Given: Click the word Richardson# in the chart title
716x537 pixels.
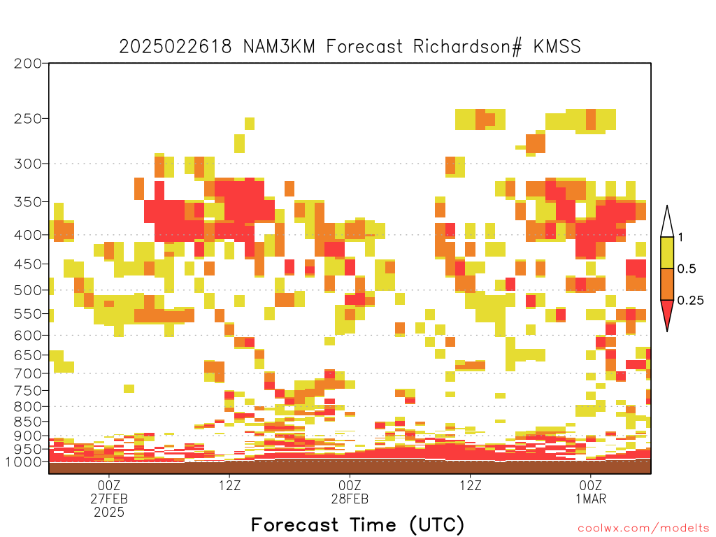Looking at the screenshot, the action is (x=467, y=47).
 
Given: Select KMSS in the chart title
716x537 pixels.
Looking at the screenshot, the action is (x=557, y=47).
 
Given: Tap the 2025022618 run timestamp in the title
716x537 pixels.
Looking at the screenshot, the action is (x=176, y=47).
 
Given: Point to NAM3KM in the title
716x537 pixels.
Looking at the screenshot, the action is (x=279, y=47).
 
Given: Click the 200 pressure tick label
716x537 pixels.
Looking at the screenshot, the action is (x=28, y=64).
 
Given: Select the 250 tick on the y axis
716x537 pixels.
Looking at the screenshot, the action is (x=28, y=119).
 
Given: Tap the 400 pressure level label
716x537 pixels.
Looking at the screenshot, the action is (x=28, y=235).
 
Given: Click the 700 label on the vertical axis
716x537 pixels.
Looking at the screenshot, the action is (x=28, y=373).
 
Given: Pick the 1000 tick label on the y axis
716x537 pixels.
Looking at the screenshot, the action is (x=24, y=461).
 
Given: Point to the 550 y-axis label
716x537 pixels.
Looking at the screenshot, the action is (x=28, y=314).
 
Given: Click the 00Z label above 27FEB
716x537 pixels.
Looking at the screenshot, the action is (x=108, y=485).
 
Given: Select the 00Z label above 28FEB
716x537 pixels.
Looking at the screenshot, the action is (x=350, y=485).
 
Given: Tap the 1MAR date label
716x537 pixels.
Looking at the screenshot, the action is (x=591, y=499).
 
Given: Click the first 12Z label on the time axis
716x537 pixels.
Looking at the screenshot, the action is (x=229, y=485).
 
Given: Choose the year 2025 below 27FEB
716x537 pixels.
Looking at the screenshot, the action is (x=108, y=513).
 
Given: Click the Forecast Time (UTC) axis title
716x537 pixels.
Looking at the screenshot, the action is (x=357, y=525).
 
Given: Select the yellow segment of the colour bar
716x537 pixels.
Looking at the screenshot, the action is (x=667, y=252).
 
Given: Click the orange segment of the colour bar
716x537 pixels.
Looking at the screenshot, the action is (x=667, y=284).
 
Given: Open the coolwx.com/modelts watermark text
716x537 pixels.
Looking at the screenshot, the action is (x=643, y=529).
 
